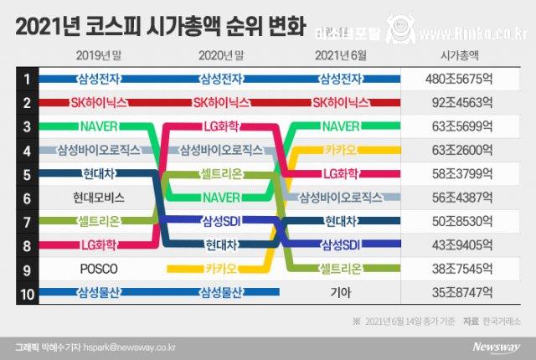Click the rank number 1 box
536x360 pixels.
click(27, 80)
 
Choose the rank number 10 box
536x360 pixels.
click(27, 293)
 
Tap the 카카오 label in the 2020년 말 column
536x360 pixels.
click(221, 269)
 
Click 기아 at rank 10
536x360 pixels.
click(340, 293)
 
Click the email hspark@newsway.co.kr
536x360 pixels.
click(124, 345)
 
